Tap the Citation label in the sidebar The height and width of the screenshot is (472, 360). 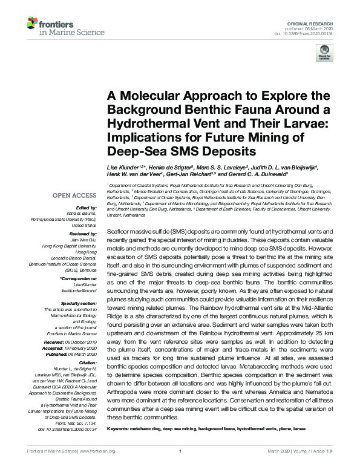(88, 363)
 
